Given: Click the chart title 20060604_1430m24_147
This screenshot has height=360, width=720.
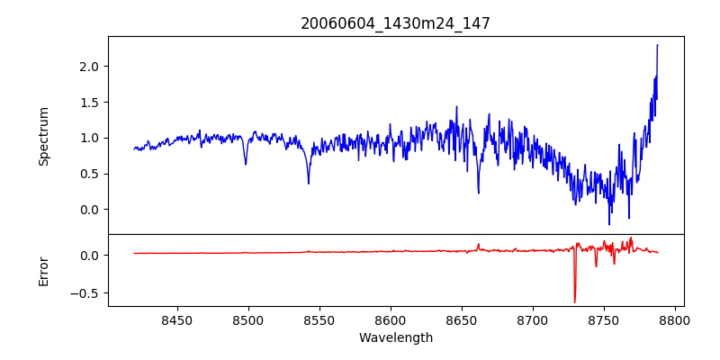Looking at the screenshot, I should pos(395,23).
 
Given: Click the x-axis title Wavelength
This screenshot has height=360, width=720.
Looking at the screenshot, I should pos(395,337).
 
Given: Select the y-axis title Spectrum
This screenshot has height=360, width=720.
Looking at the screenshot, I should pos(44,136).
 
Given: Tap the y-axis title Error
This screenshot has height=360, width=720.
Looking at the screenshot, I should pos(44,271).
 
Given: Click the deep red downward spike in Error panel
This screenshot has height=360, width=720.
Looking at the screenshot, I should pos(574,301).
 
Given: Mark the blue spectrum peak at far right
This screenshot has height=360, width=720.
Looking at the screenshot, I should pos(657,45).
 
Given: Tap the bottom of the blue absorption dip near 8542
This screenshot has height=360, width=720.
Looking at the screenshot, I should pos(308,184).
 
